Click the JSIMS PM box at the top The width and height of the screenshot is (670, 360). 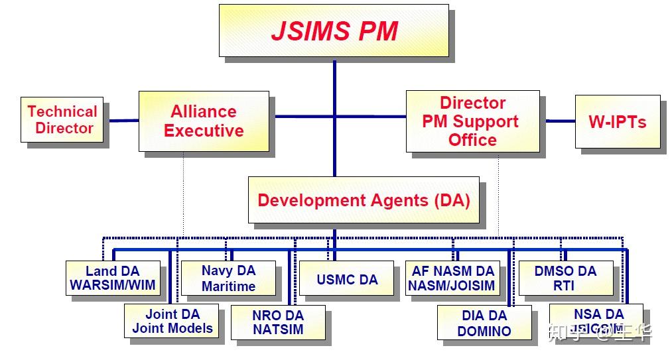(334, 31)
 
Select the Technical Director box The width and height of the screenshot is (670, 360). (62, 119)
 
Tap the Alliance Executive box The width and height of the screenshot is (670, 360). (204, 121)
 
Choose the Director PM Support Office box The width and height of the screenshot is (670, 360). (472, 121)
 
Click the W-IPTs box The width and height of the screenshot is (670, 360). (617, 121)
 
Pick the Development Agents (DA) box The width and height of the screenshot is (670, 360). (363, 200)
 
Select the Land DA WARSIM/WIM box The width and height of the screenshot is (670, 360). (113, 278)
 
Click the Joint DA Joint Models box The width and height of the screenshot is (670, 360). (172, 321)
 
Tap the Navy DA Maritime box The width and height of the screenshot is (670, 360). (228, 278)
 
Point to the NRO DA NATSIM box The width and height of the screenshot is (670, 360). (278, 322)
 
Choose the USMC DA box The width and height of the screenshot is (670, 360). (347, 278)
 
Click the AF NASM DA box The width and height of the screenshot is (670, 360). (452, 278)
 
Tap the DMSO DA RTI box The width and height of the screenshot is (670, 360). (565, 278)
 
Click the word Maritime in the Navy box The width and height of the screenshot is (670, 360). (228, 286)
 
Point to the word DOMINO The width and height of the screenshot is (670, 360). (484, 331)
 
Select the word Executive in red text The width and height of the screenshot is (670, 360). (204, 131)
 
